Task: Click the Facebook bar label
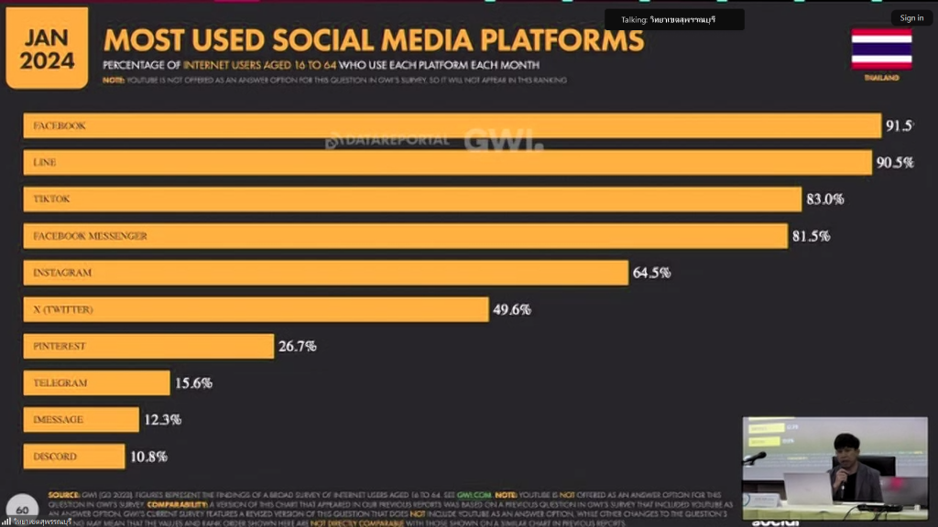pyautogui.click(x=60, y=125)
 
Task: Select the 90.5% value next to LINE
pyautogui.click(x=895, y=163)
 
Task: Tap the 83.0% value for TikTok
pyautogui.click(x=824, y=199)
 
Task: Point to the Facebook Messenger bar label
pyautogui.click(x=90, y=236)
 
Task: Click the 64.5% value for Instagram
pyautogui.click(x=651, y=273)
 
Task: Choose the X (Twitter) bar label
pyautogui.click(x=63, y=309)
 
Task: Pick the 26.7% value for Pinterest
pyautogui.click(x=298, y=346)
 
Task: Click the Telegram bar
pyautogui.click(x=96, y=382)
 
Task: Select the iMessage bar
pyautogui.click(x=81, y=419)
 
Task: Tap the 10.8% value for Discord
pyautogui.click(x=148, y=456)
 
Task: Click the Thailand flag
pyautogui.click(x=881, y=48)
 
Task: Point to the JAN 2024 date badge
pyautogui.click(x=47, y=48)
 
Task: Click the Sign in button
pyautogui.click(x=911, y=17)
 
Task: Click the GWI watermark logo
pyautogui.click(x=503, y=140)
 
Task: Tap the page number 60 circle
pyautogui.click(x=23, y=510)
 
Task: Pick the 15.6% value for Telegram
pyautogui.click(x=193, y=382)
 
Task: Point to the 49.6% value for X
pyautogui.click(x=512, y=309)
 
